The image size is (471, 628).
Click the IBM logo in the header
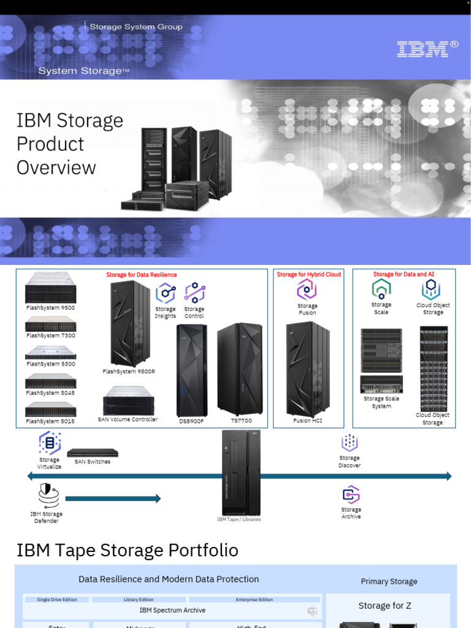click(x=427, y=49)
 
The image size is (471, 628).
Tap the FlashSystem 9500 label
click(x=50, y=308)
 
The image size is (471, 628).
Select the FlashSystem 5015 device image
click(x=50, y=409)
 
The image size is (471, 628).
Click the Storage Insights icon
click(x=166, y=293)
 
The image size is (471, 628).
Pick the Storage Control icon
click(x=194, y=293)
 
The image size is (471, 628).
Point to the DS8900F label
click(x=191, y=421)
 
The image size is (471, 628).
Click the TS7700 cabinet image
click(x=240, y=369)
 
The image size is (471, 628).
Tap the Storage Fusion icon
click(x=307, y=289)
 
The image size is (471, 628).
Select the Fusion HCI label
click(x=307, y=421)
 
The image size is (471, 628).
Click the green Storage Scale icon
click(x=381, y=289)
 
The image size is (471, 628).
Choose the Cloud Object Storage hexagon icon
click(x=432, y=289)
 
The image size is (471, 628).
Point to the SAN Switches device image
click(x=92, y=453)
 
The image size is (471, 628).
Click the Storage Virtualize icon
click(x=50, y=443)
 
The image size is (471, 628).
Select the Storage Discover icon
click(x=350, y=443)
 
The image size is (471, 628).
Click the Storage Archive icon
click(x=351, y=494)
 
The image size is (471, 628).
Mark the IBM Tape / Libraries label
click(x=239, y=519)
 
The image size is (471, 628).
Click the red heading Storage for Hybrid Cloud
click(x=308, y=274)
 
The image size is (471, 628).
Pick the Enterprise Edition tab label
click(x=255, y=599)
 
